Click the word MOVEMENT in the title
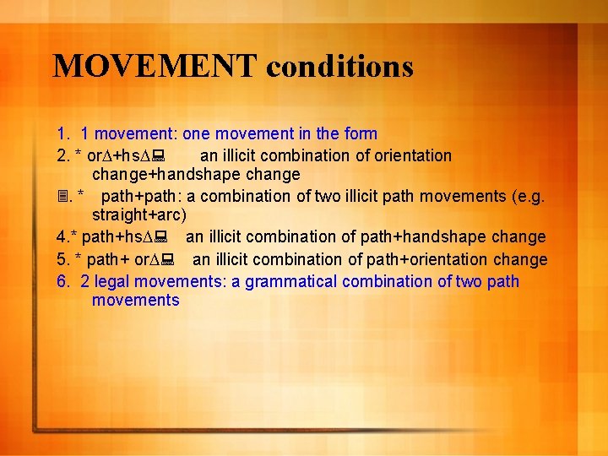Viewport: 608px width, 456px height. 155,65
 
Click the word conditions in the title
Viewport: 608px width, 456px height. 339,65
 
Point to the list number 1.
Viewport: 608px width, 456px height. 62,133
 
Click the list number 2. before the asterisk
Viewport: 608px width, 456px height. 62,155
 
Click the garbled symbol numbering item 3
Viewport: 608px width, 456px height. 62,197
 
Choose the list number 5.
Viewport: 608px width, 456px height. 62,259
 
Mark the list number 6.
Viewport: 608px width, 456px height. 62,281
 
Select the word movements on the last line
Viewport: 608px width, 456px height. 135,301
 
